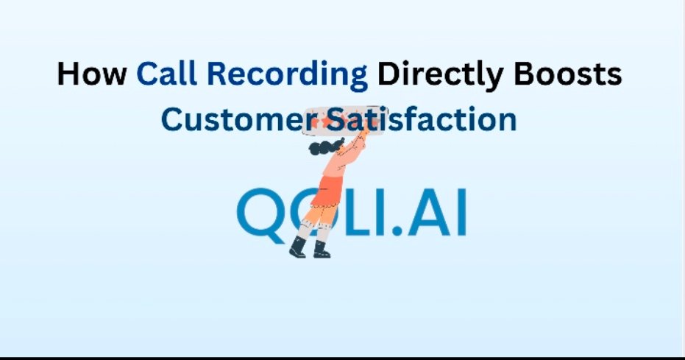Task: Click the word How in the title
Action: (92, 75)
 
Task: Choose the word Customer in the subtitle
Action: (235, 119)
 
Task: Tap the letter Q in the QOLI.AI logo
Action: (260, 213)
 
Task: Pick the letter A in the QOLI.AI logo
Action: (426, 213)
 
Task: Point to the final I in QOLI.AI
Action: (461, 213)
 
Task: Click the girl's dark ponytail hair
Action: (322, 149)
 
